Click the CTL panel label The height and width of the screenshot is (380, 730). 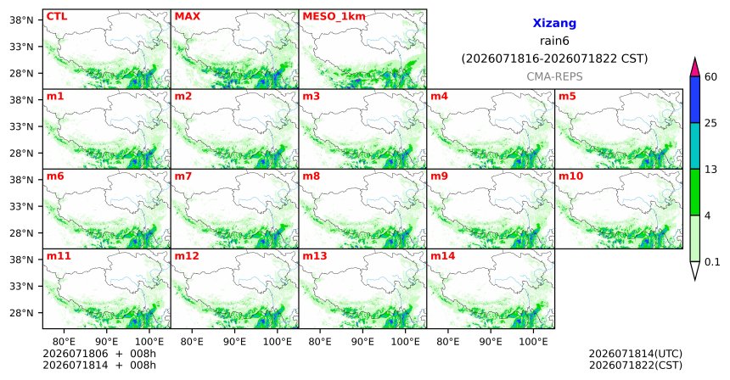coord(57,16)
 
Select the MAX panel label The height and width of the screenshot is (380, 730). coord(187,16)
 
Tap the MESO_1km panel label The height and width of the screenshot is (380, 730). coord(334,16)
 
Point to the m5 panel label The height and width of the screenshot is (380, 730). coord(567,97)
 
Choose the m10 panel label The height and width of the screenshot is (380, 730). coord(570,176)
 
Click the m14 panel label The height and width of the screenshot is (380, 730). coord(443,256)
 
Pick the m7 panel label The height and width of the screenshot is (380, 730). coord(183,176)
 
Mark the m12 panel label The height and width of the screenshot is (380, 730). coord(187,256)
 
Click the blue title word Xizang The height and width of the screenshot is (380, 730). coord(554,23)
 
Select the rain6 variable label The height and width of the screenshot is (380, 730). coord(554,41)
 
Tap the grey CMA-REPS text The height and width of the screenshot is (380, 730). coord(554,76)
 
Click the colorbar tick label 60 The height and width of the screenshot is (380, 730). coord(711,76)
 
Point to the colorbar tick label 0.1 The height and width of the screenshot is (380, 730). coord(712,262)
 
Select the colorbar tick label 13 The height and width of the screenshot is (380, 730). coord(711,170)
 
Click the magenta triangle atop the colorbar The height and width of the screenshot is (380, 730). coord(694,68)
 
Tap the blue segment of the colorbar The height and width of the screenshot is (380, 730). coord(694,99)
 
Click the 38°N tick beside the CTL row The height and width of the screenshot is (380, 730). coord(21,20)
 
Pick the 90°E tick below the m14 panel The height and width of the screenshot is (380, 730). coord(491,342)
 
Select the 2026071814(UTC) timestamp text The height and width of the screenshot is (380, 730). coord(636,354)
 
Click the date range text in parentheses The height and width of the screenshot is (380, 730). coord(554,59)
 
